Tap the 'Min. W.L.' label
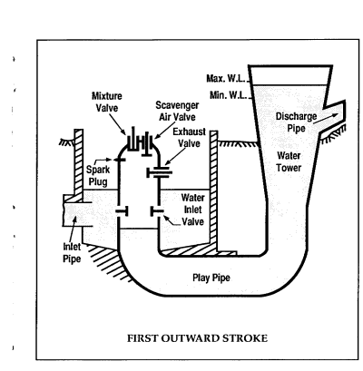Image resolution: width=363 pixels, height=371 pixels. (228, 95)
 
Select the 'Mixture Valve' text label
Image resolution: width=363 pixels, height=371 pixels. (107, 102)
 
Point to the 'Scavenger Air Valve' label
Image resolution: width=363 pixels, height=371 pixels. (177, 111)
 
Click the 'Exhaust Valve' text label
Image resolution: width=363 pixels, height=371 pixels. (189, 138)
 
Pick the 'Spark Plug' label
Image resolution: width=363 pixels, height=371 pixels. (98, 175)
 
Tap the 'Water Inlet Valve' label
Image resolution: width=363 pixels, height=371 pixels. (192, 210)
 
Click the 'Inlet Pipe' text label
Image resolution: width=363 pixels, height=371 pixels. (72, 252)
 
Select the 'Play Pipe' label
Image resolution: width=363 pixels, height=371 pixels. (211, 278)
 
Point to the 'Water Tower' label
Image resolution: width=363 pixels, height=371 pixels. (289, 161)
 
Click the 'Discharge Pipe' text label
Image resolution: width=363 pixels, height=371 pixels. (296, 122)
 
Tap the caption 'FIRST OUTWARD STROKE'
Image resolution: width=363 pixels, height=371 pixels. (197, 338)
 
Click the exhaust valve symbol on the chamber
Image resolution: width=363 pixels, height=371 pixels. (160, 173)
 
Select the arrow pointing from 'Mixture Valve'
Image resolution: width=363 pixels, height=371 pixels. (117, 123)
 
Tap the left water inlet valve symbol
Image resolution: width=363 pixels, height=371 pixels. (122, 211)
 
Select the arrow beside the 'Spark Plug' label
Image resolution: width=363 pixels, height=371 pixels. (104, 160)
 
